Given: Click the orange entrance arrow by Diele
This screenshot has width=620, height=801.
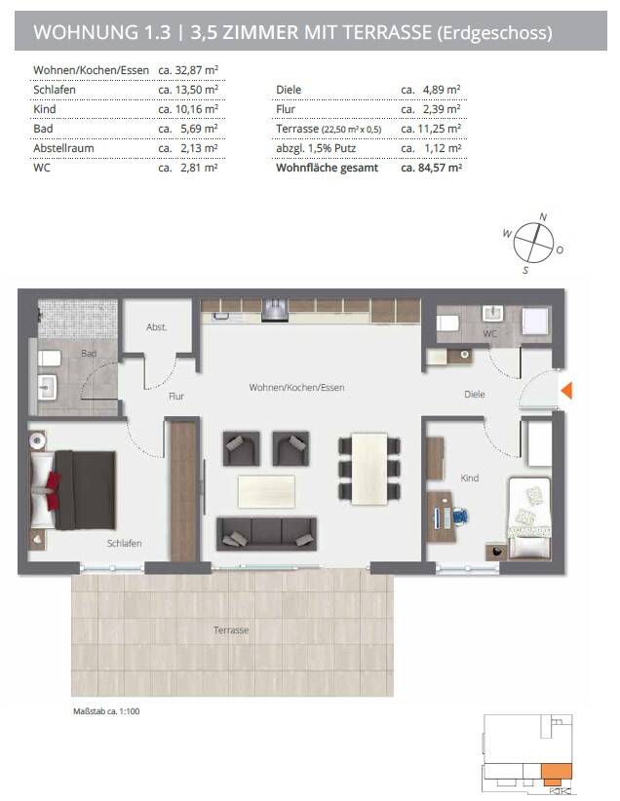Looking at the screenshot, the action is point(567,391).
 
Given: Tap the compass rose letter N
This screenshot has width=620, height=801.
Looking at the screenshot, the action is point(543,217).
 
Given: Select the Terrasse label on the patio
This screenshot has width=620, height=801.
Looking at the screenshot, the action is point(231,629).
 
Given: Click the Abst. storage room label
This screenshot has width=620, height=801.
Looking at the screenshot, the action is point(156,327).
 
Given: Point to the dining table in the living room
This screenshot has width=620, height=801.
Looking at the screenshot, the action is point(369,469).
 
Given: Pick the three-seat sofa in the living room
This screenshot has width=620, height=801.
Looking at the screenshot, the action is point(266,534).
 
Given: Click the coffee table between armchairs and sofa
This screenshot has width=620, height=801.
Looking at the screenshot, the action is point(266,491).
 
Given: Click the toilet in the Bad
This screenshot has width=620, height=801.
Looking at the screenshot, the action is point(49,358).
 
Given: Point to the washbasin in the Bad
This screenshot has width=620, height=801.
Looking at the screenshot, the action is point(47,388).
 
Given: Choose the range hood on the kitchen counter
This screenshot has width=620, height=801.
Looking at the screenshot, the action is point(275,311).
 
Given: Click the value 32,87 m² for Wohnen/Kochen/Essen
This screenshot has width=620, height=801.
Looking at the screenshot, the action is point(197,70).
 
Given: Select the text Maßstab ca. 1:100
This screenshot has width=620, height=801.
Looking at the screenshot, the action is point(106,711).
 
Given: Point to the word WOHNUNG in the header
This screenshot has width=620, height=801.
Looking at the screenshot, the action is point(86,32).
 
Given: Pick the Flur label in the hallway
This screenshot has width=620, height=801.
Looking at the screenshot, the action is point(176,396).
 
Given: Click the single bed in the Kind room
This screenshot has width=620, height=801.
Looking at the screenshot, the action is point(529,517).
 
